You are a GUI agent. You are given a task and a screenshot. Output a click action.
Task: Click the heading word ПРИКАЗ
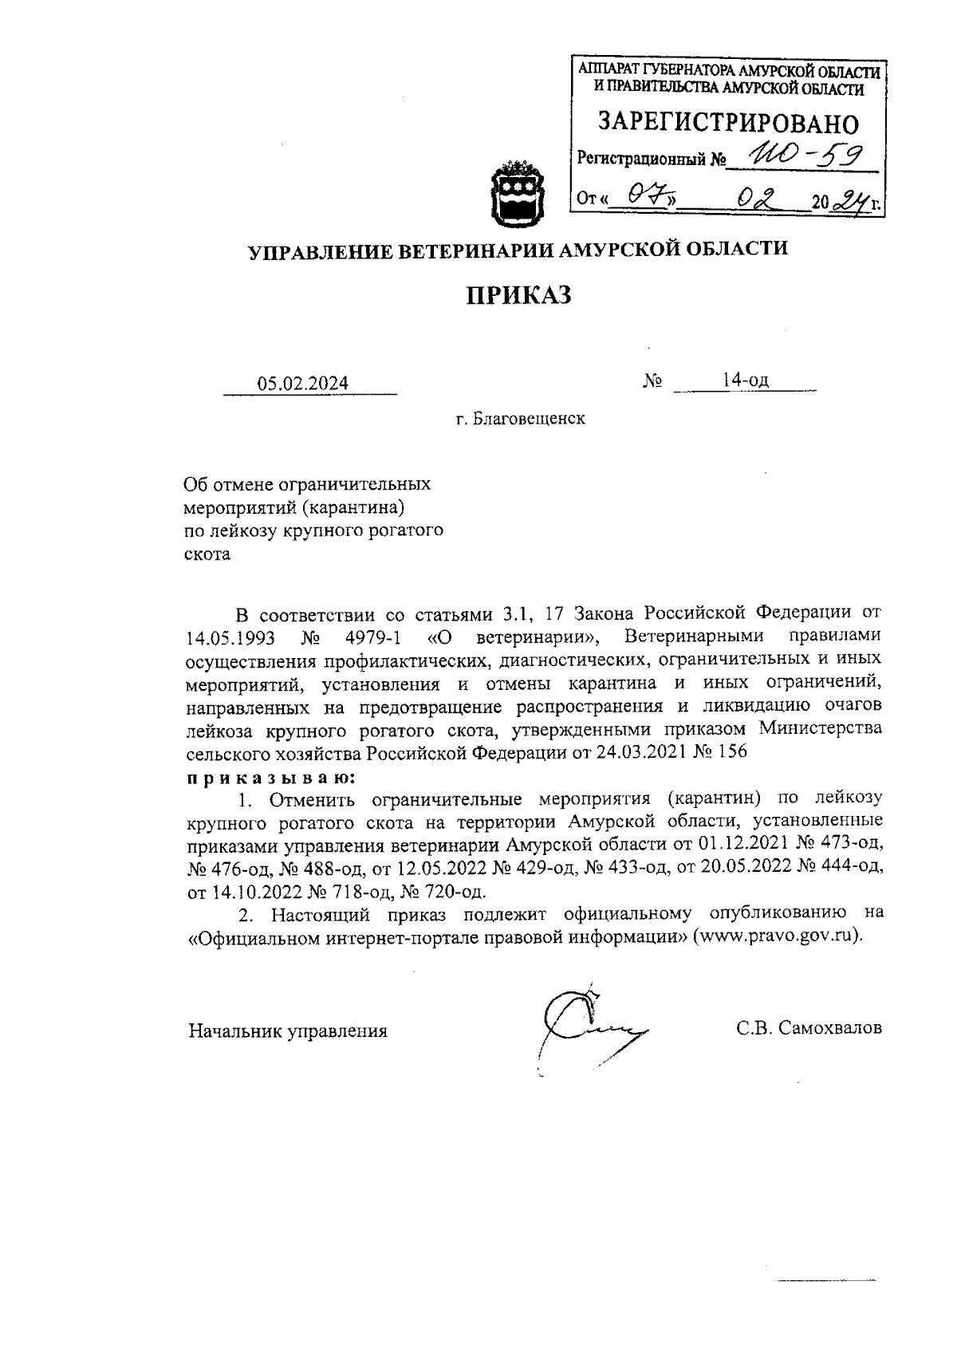pyautogui.click(x=519, y=296)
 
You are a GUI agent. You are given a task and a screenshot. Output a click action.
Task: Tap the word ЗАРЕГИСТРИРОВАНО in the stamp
pyautogui.click(x=729, y=124)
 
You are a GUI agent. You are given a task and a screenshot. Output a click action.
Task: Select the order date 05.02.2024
pyautogui.click(x=302, y=383)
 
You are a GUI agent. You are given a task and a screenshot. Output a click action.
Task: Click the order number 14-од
pyautogui.click(x=745, y=380)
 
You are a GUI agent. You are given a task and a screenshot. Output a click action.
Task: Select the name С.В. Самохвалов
pyautogui.click(x=809, y=1028)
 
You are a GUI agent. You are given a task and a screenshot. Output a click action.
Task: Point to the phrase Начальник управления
pyautogui.click(x=287, y=1031)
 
